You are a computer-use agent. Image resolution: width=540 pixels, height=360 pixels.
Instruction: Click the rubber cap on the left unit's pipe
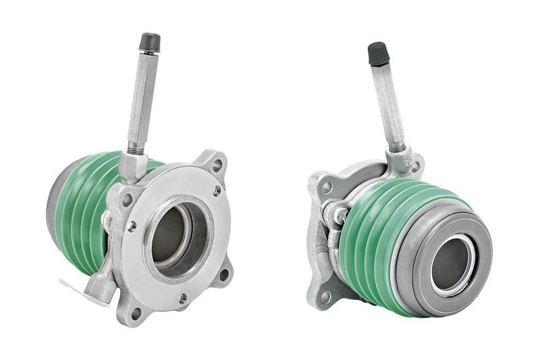coord(150,42)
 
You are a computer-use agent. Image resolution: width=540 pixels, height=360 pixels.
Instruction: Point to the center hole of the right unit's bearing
coord(450,263)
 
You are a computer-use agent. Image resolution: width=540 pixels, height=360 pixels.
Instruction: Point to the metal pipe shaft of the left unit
coord(144,101)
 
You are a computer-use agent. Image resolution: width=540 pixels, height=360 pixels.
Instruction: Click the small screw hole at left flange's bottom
coord(182,297)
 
